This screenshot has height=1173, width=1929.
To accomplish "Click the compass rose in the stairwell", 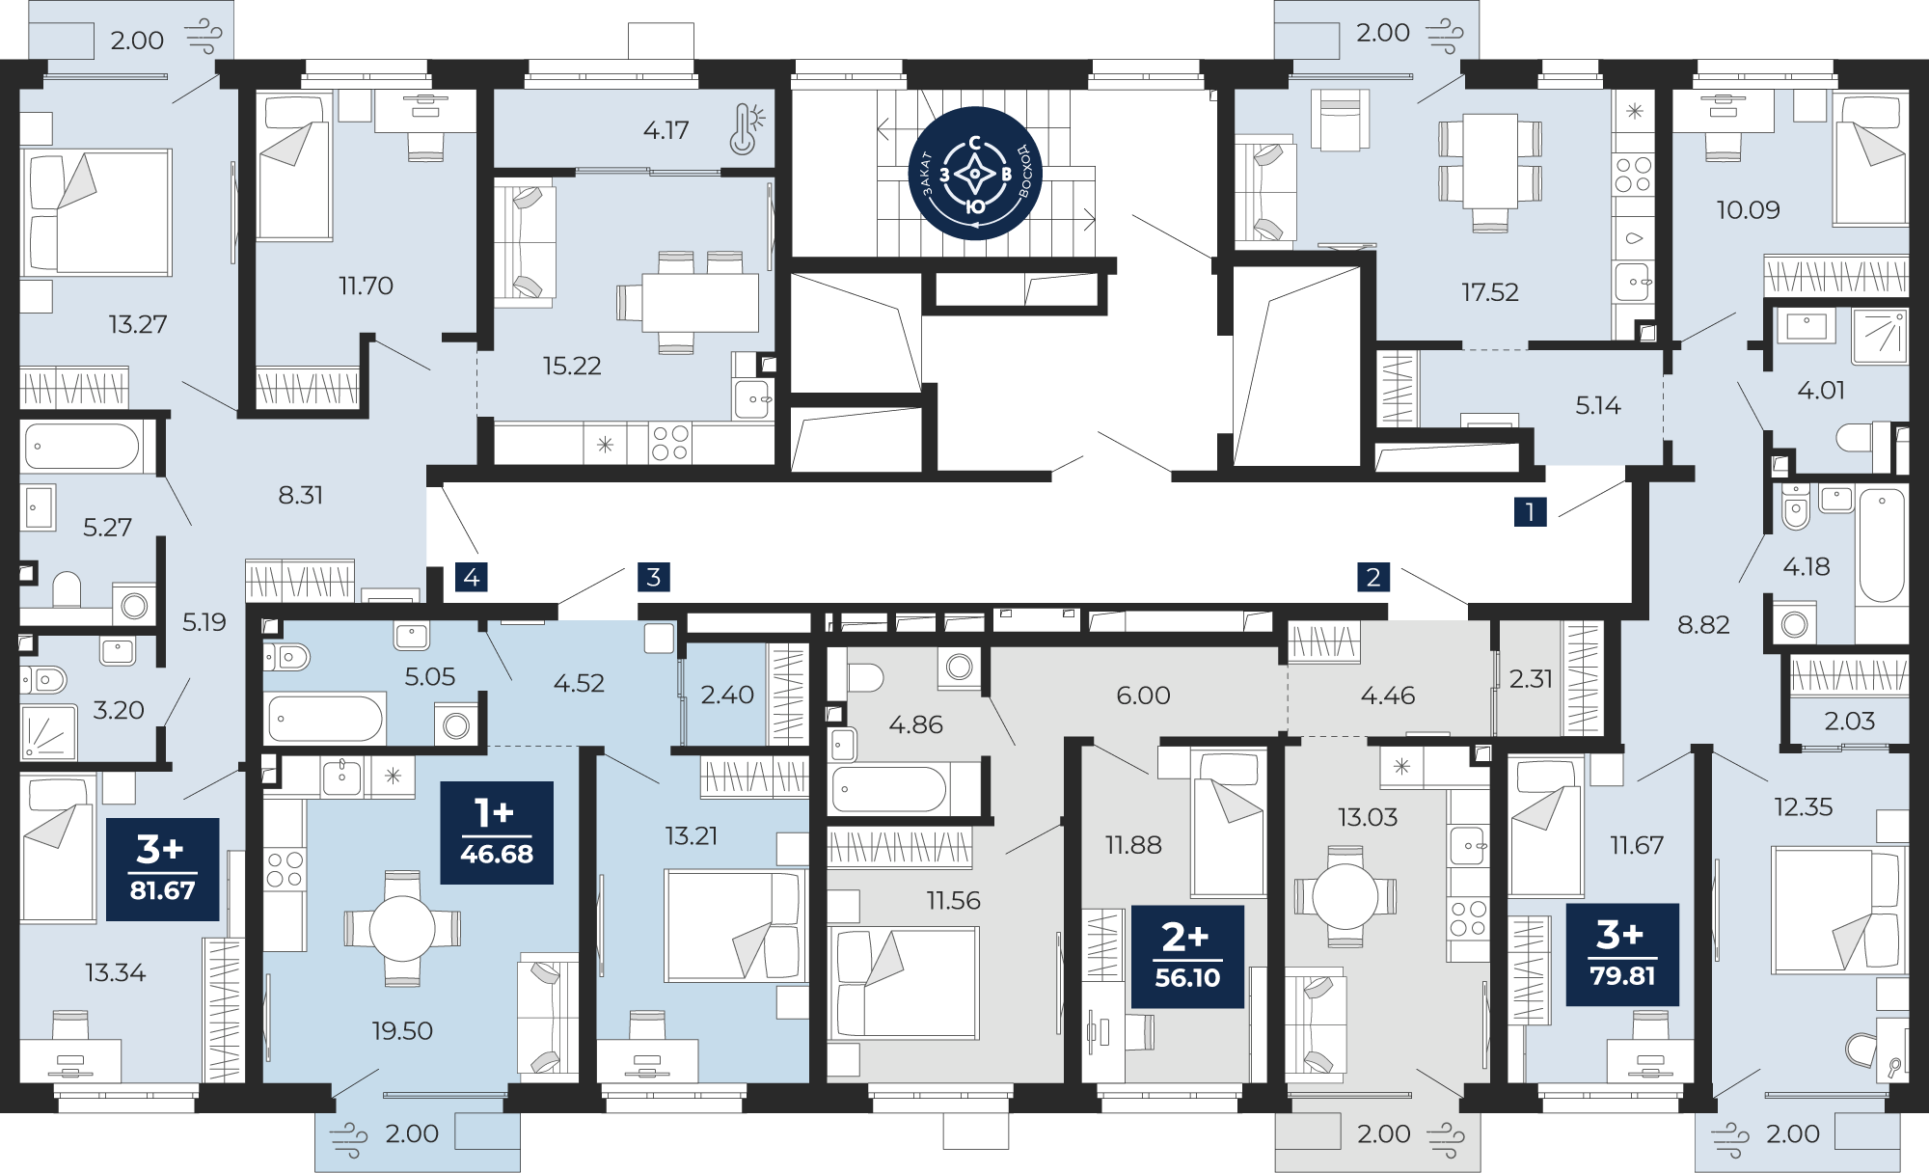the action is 975,174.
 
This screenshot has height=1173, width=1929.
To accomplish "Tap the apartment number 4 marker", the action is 472,577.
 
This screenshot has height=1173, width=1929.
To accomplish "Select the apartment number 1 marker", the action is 1530,511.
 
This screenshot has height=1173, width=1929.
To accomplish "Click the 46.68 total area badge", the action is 497,832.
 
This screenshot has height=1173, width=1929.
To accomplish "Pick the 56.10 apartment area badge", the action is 1187,956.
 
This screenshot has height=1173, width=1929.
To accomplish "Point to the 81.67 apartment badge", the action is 162,869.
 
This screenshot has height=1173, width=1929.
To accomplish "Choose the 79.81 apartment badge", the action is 1622,954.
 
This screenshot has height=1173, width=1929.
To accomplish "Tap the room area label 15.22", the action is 572,366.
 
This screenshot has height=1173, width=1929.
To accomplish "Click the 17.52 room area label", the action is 1489,291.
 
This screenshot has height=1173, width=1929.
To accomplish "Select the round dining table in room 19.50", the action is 402,929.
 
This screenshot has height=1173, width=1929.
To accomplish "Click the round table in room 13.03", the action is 1345,897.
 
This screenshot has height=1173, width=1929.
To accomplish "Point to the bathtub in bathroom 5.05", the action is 325,719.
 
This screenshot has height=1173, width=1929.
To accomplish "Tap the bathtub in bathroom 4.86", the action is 889,789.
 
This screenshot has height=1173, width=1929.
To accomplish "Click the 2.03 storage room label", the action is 1849,721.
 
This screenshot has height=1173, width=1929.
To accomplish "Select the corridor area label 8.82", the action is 1703,625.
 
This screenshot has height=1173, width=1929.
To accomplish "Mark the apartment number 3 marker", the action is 654,577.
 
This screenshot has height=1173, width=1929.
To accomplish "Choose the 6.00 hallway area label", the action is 1143,695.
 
